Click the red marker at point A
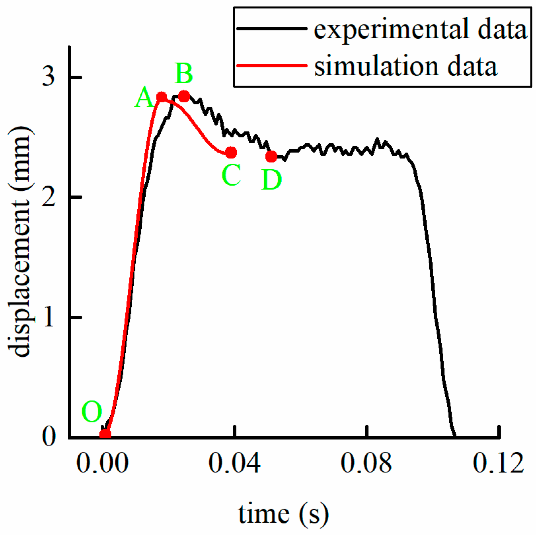click(x=161, y=97)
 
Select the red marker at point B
click(x=184, y=96)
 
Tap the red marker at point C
click(x=231, y=153)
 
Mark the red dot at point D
click(x=271, y=156)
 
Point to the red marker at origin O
click(x=105, y=434)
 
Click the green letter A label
click(x=144, y=98)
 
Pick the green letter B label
click(x=184, y=74)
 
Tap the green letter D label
click(x=271, y=180)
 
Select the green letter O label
click(x=92, y=412)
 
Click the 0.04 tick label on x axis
click(x=234, y=463)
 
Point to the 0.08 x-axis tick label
click(x=366, y=463)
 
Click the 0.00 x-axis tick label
click(x=102, y=463)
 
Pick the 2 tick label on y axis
click(x=49, y=197)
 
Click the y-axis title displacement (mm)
click(x=20, y=241)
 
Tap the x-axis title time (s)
click(x=283, y=514)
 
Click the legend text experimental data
click(x=420, y=29)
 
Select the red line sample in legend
click(x=271, y=65)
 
